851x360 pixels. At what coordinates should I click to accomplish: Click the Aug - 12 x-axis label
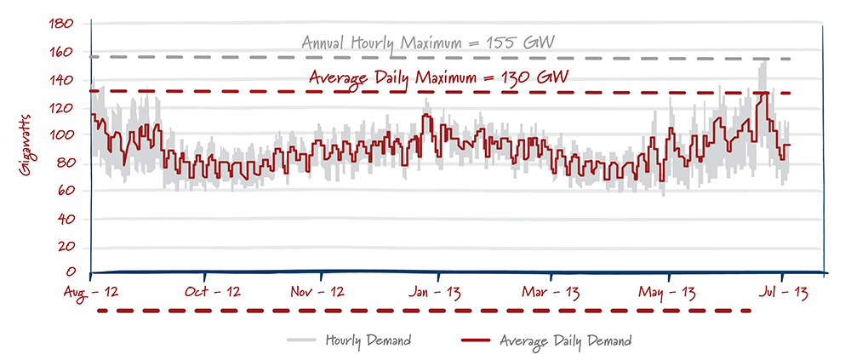coord(91,292)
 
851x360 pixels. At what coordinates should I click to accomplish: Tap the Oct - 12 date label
coord(205,292)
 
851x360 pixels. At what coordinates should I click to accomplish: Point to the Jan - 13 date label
coord(437,292)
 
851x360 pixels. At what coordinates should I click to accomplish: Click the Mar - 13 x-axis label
coord(554,292)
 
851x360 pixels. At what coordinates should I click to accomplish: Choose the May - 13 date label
coord(670,292)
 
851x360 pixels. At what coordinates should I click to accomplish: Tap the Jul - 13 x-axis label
coord(783,292)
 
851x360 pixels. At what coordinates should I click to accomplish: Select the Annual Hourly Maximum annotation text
coord(433,43)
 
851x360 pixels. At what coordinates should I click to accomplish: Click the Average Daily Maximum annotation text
coord(438,77)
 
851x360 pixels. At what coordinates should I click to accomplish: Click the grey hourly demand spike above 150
coord(763,66)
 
